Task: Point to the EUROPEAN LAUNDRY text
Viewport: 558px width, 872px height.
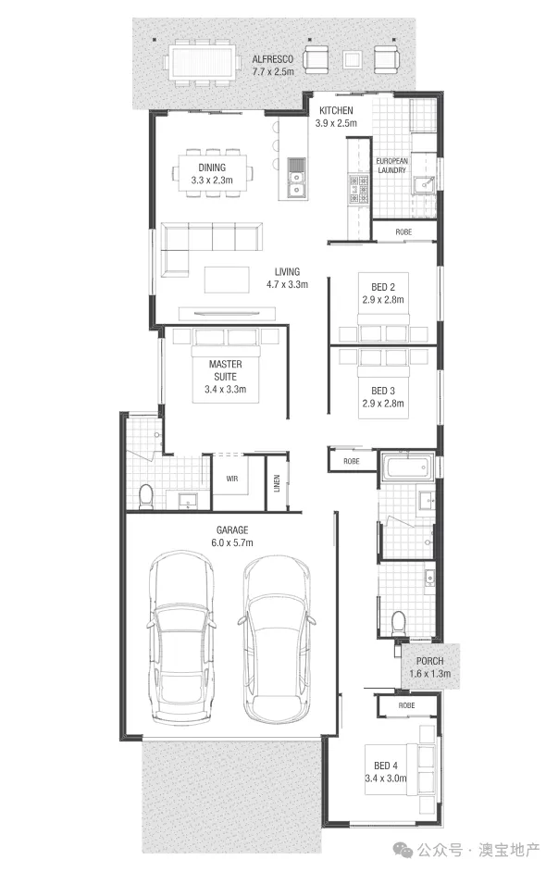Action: (391, 166)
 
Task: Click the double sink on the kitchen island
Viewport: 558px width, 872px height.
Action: (296, 178)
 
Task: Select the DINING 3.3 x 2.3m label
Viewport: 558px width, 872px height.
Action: (211, 174)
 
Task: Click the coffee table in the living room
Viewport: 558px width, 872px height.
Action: (226, 279)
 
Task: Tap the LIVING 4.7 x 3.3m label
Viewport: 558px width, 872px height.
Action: (290, 278)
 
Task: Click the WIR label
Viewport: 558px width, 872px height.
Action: (231, 479)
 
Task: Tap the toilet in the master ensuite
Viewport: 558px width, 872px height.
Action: (145, 497)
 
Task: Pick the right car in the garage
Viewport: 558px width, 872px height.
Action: (276, 639)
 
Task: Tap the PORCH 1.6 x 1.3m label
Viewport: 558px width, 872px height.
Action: (430, 667)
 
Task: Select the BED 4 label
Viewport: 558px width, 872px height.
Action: (388, 770)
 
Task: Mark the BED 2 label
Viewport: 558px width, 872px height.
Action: (382, 293)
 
